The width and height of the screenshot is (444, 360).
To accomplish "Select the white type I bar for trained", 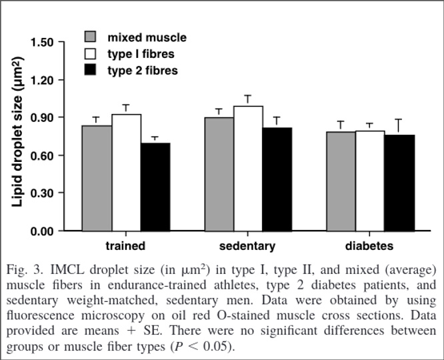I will [126, 173].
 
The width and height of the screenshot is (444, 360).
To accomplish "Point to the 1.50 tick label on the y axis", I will [43, 43].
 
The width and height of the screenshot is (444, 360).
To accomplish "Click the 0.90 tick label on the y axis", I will [43, 118].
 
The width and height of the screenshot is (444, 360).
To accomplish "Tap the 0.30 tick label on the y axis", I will [43, 193].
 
